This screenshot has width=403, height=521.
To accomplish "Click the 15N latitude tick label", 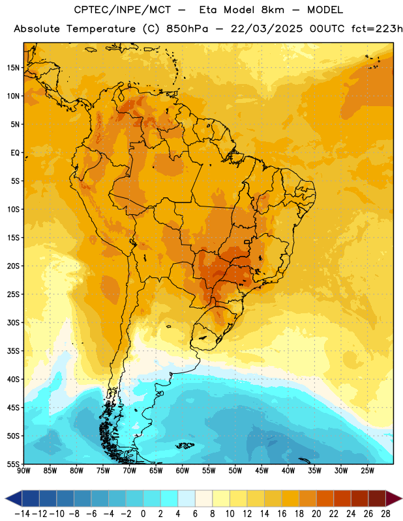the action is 13,68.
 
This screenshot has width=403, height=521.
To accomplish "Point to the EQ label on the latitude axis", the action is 15,153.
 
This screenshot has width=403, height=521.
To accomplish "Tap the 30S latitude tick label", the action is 13,322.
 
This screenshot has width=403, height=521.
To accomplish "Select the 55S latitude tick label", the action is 13,464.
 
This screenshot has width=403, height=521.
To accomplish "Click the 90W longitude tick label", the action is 24,471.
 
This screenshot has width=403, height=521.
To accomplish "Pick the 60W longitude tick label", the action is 183,471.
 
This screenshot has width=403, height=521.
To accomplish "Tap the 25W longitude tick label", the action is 367,471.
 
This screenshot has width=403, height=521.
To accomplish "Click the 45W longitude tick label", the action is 261,471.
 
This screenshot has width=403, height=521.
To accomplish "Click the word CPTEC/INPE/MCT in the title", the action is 122,10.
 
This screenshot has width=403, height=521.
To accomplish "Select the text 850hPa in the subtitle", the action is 187,29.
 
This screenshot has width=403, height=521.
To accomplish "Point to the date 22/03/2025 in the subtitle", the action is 267,29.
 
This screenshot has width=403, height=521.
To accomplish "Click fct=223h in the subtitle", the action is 377,29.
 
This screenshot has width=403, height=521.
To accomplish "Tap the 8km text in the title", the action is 273,10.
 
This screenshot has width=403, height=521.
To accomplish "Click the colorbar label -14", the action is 22,514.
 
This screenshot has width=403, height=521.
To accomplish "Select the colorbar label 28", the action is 385,514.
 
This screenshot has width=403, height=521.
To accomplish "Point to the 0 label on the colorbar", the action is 143,514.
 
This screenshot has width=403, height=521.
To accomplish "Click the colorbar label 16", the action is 282,514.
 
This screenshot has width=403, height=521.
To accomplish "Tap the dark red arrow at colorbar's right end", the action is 393,498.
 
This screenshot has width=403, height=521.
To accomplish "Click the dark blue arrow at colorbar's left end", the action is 13,498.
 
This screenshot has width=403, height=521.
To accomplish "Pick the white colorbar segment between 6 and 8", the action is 203,498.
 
